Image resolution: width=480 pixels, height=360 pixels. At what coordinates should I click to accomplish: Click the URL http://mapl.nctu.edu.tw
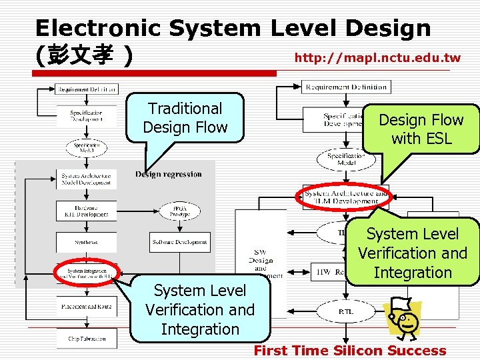tap(377, 58)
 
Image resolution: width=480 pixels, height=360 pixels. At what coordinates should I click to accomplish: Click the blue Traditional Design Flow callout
tap(185, 117)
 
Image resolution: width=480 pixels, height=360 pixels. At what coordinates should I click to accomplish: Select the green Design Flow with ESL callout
tap(421, 129)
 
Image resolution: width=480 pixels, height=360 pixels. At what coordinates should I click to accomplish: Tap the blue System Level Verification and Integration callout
tap(200, 309)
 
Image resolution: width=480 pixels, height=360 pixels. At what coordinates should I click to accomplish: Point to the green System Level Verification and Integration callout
tap(413, 253)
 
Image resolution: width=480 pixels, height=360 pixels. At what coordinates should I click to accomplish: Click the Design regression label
tap(168, 175)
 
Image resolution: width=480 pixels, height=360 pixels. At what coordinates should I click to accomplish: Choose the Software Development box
tap(180, 242)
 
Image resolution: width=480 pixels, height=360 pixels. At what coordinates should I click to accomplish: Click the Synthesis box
tap(86, 242)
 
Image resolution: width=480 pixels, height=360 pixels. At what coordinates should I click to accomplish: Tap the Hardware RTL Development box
tap(86, 211)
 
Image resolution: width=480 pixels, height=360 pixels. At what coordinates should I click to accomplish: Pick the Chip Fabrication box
tap(86, 338)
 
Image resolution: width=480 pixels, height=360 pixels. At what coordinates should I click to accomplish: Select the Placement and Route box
tap(86, 307)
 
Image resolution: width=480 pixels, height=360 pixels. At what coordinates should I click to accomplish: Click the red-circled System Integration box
tap(86, 272)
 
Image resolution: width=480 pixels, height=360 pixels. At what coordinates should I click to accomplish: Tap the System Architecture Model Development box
tap(86, 179)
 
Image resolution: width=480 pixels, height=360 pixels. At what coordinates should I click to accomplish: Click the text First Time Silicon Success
tap(350, 351)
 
